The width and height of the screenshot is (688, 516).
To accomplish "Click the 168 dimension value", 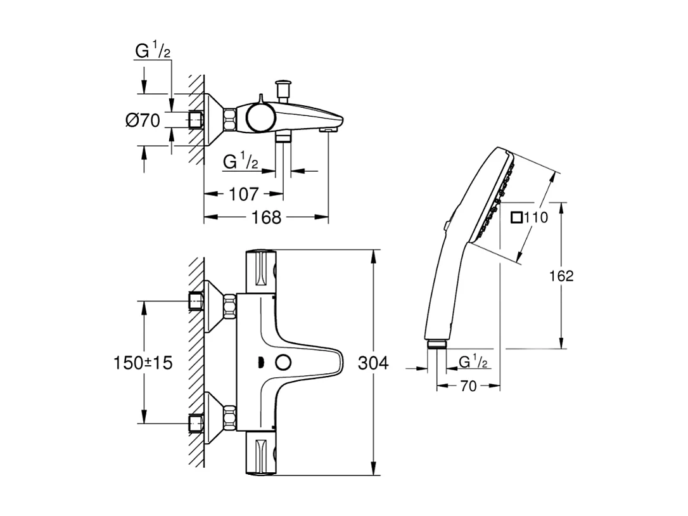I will point(266,217).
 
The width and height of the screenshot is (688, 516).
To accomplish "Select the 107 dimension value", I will point(243,194).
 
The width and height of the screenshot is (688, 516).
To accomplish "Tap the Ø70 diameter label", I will point(143,120).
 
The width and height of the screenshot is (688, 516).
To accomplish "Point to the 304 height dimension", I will point(373,363).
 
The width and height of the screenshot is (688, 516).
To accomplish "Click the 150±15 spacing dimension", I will point(143,363).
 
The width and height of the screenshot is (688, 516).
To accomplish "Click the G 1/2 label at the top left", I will point(153,51).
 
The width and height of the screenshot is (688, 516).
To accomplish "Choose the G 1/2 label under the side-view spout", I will point(241,162).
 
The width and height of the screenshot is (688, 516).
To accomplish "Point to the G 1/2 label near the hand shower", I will point(473,362).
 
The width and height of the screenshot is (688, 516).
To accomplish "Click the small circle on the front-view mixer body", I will point(283,363).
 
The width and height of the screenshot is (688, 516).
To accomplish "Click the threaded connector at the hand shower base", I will point(437,345).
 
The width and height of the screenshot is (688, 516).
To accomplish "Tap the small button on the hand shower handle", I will point(448,224).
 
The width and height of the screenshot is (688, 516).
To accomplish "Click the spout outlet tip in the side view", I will point(327,129).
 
